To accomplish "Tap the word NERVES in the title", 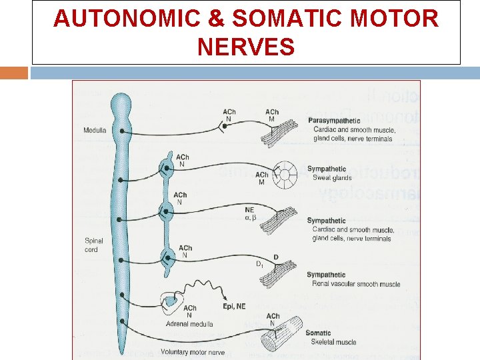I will pos(246,47).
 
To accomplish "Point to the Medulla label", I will pos(95,130).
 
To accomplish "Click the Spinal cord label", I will pos(91,245).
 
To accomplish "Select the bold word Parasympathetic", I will pos(333,121).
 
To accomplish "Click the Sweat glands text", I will pos(332,178).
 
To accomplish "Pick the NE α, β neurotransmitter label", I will pos(250,213).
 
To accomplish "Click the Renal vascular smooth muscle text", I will pos(356,284).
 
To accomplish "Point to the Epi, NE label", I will pos(234,306).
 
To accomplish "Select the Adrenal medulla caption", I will pos(189,324).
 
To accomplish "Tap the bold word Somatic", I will pos(318,333).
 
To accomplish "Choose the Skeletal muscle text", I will pos(333,342).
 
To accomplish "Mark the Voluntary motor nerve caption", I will pos(193,351).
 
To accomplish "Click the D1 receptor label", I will pos(260,264).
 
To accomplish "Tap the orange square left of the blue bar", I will pos(14,72).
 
